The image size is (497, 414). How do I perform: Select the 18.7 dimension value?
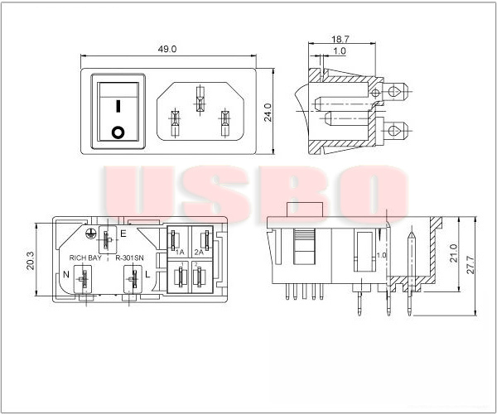point(340,38)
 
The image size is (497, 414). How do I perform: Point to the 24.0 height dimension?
point(268,112)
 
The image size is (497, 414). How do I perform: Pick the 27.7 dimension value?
point(471,263)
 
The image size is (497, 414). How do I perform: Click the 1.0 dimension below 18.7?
point(340,51)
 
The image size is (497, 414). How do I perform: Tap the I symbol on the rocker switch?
point(118,106)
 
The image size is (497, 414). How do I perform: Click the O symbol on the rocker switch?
point(118,131)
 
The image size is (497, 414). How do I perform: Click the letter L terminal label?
point(147,273)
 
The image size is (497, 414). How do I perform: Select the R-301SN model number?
point(129,258)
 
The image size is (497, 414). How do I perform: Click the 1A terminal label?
point(179,250)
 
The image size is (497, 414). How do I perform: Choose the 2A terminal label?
point(199,250)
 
